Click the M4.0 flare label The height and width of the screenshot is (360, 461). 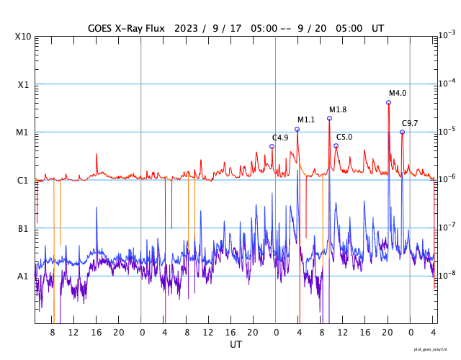click(x=398, y=93)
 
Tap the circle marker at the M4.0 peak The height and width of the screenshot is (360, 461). click(x=388, y=102)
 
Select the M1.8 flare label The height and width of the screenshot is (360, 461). click(x=338, y=109)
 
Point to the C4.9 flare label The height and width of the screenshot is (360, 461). click(x=280, y=138)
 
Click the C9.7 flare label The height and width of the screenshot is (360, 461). click(x=410, y=123)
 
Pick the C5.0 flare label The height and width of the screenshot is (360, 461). click(x=344, y=137)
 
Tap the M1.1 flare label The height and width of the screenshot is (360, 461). click(x=306, y=120)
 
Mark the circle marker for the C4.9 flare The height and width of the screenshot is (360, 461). click(x=272, y=146)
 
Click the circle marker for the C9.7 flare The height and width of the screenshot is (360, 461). click(x=402, y=132)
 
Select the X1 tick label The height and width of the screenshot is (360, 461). click(x=24, y=84)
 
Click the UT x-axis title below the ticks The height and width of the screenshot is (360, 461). click(x=236, y=345)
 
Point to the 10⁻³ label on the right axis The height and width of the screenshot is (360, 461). click(x=447, y=35)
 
